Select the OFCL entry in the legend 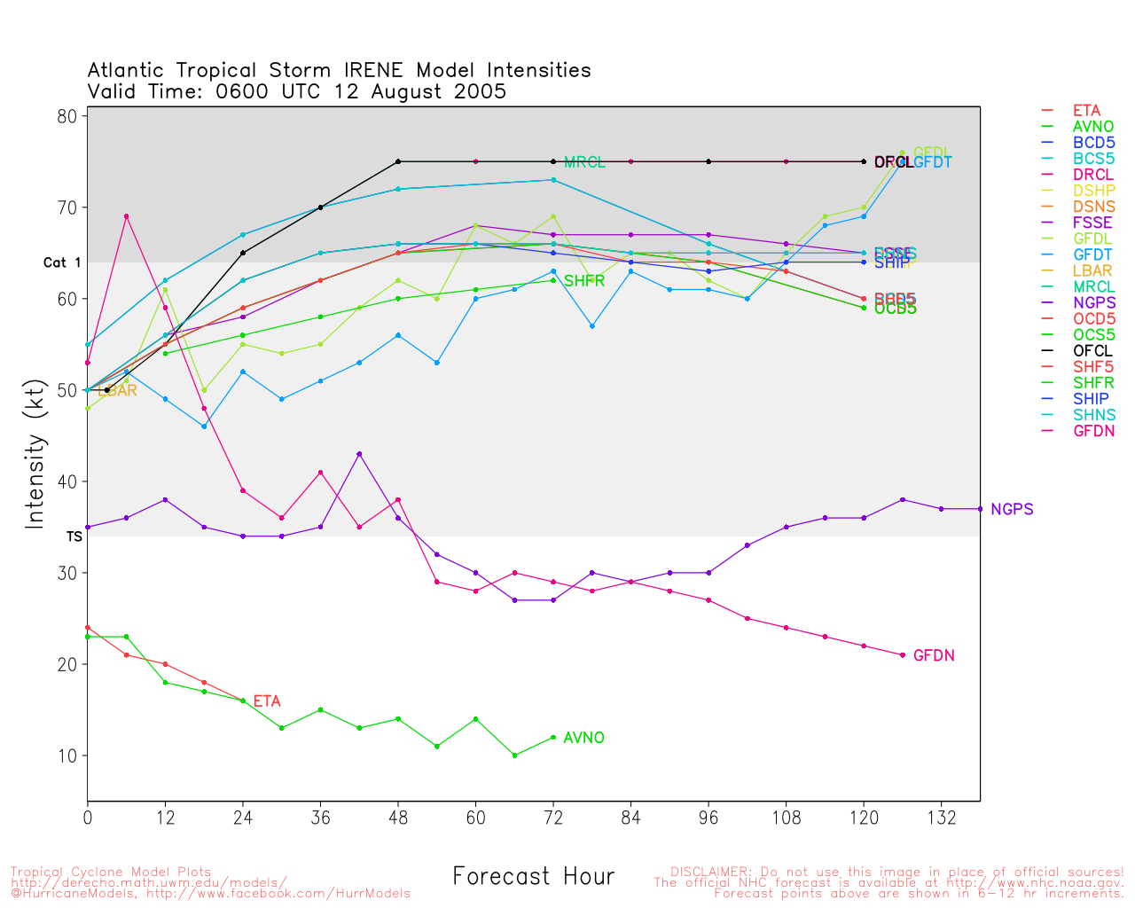(x=1092, y=351)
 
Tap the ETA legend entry (x=1086, y=111)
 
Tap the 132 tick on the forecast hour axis (x=941, y=818)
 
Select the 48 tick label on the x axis (x=398, y=818)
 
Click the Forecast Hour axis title (x=533, y=877)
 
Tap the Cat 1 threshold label (x=62, y=262)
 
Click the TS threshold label (x=74, y=536)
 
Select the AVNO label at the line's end (x=583, y=738)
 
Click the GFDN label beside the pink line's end (x=934, y=655)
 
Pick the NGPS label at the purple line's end (x=1012, y=509)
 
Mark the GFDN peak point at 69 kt (x=126, y=216)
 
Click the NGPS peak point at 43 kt (x=359, y=454)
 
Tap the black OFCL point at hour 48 (x=398, y=161)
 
